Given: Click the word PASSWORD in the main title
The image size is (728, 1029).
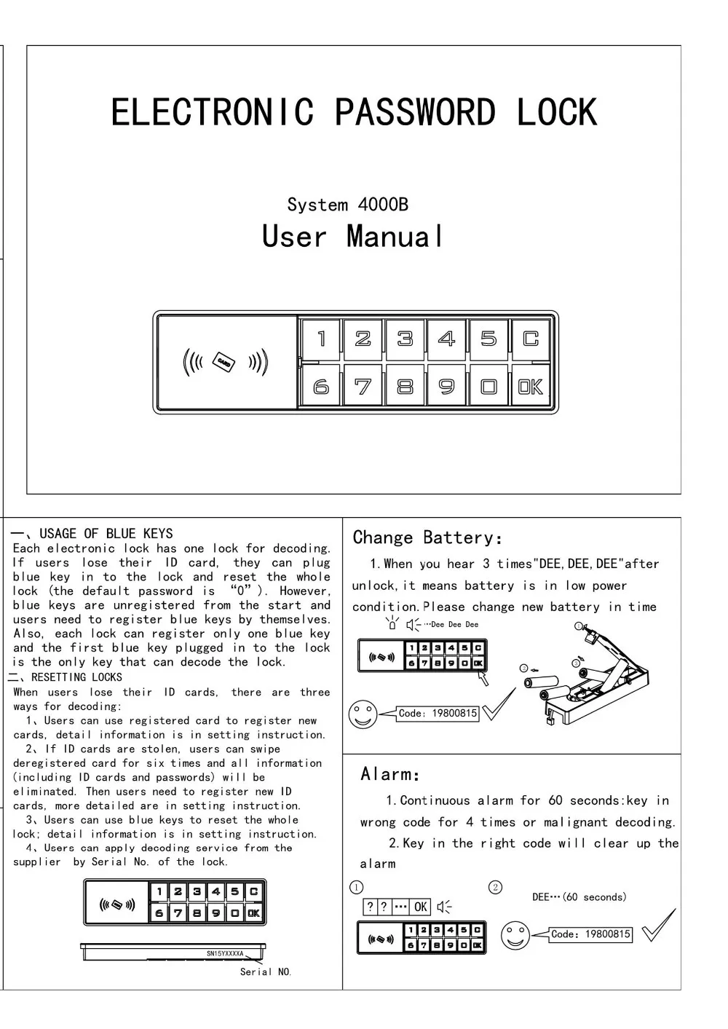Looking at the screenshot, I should [414, 113].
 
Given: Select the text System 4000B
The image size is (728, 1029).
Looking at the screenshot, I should [347, 205].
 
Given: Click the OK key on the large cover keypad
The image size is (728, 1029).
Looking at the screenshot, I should [530, 387].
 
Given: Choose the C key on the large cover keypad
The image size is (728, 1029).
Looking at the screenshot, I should [530, 339].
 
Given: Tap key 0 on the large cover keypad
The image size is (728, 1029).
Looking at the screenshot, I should [488, 387].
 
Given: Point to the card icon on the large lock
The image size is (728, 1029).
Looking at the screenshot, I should [224, 362].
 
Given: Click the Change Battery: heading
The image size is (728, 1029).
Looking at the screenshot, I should [427, 538].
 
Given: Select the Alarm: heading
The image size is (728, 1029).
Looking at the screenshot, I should [390, 774].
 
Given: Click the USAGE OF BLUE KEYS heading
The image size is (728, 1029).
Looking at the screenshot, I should [106, 534].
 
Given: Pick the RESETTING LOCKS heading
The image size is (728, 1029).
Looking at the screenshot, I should [76, 677].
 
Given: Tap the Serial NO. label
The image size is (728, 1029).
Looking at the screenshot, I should [266, 972].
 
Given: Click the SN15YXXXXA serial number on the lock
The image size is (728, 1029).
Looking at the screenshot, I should [225, 953].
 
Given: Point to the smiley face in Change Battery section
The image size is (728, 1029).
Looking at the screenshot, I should [363, 714].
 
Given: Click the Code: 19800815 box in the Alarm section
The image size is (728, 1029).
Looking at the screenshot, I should [590, 934].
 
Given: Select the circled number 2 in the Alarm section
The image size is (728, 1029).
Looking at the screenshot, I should [495, 887].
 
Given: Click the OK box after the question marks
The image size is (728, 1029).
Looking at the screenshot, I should [421, 907].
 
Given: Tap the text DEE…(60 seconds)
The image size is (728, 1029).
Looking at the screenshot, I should [579, 897].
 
